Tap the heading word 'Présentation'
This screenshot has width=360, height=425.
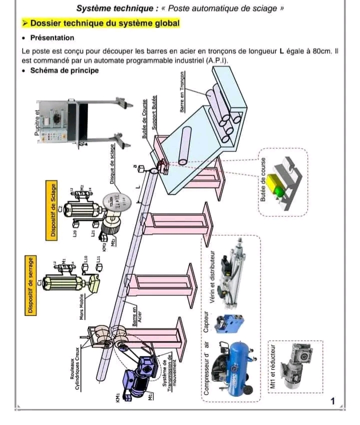click(52, 38)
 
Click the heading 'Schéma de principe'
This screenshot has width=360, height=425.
click(64, 70)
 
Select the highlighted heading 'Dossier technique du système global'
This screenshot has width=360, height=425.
click(104, 23)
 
